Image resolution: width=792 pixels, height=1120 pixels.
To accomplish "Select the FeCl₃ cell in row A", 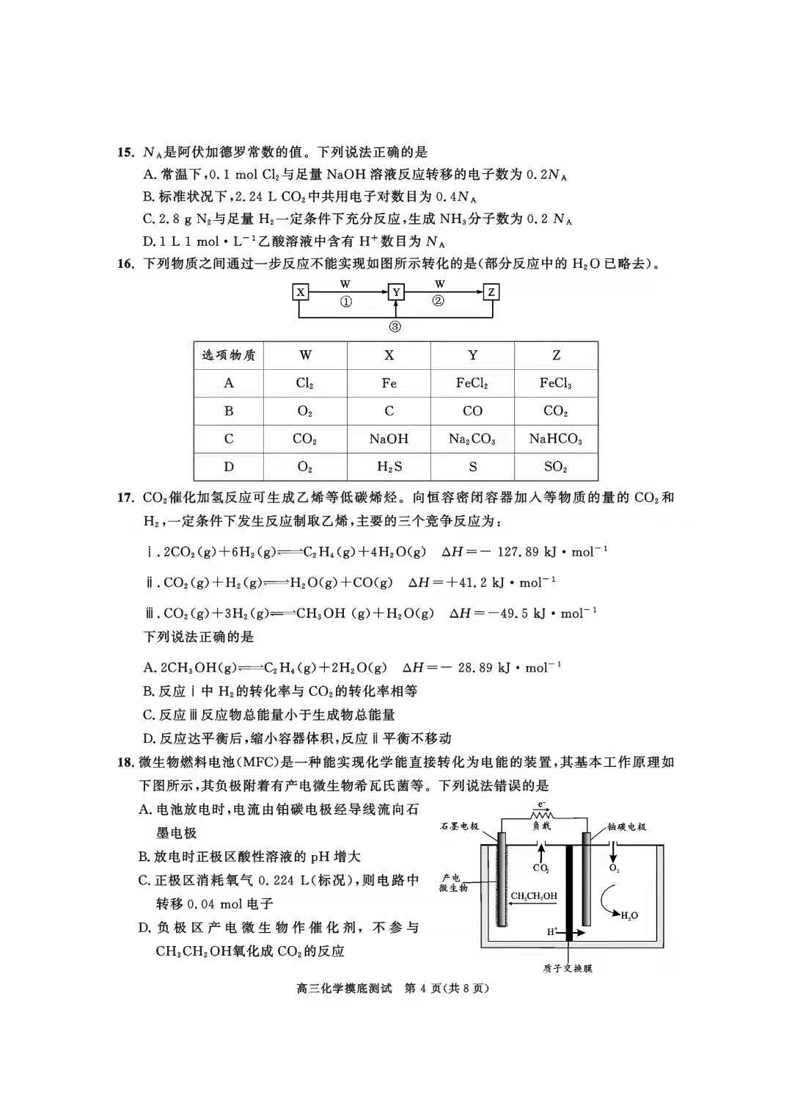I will (555, 383).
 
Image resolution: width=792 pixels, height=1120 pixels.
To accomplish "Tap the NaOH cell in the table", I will (389, 439).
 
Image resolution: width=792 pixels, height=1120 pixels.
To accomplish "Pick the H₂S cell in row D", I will (389, 467).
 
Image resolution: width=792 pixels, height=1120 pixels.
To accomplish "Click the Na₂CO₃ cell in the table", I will (472, 439).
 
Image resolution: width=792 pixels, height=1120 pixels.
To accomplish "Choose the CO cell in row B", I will (472, 411).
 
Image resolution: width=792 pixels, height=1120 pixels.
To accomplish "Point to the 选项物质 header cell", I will (229, 355).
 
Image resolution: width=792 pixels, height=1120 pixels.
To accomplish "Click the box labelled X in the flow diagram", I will (300, 292).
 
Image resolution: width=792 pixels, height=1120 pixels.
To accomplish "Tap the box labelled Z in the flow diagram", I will (491, 292).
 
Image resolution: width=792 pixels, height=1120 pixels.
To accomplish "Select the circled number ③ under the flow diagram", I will (395, 327).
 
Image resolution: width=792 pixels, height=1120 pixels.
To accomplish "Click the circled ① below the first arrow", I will (345, 302).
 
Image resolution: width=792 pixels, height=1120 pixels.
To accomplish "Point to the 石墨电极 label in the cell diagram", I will (459, 826).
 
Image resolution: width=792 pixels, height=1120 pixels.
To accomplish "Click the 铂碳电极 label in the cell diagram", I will (627, 826).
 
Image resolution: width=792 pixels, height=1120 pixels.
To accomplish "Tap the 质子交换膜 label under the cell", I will (568, 968).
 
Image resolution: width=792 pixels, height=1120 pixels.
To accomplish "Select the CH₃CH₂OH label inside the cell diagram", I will (534, 896).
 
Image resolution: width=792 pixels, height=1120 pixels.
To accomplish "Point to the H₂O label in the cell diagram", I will (629, 915).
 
